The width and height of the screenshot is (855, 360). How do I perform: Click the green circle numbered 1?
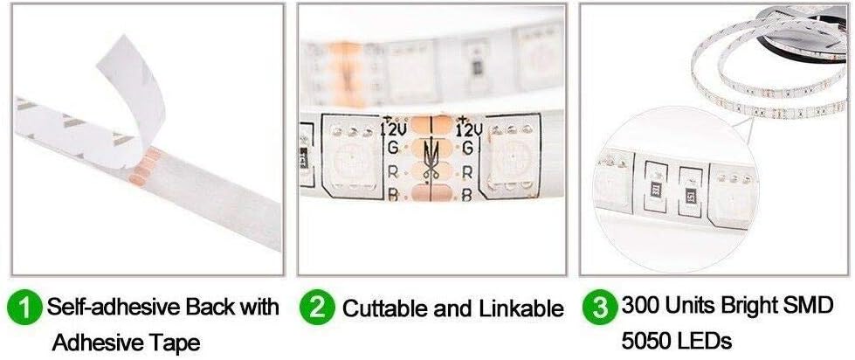click(x=24, y=308)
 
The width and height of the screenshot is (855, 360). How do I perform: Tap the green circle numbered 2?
click(x=317, y=308)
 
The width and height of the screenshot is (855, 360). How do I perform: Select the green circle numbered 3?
click(x=600, y=308)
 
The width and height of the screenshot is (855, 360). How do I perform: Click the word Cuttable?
click(x=385, y=308)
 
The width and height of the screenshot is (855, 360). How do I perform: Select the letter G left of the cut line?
click(x=393, y=148)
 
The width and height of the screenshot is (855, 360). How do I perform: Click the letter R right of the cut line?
click(x=466, y=173)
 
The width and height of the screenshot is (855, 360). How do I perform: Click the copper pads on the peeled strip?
click(x=144, y=166)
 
